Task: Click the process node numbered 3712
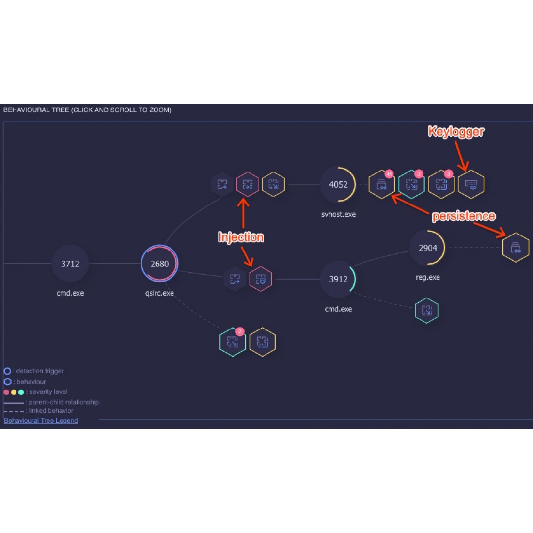click(70, 264)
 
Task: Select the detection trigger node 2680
click(159, 264)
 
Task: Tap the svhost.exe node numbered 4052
click(338, 184)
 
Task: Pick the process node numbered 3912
click(338, 279)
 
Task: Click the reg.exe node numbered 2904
click(428, 248)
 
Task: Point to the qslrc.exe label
click(159, 293)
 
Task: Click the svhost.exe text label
click(338, 214)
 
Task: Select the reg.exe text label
click(428, 278)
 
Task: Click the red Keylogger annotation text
click(455, 131)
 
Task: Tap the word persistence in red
click(463, 216)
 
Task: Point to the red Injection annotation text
click(241, 237)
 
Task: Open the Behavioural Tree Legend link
click(41, 421)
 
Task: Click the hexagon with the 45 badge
click(382, 185)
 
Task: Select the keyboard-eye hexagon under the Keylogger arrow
click(471, 185)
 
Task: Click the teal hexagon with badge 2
click(233, 342)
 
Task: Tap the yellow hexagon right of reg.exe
click(516, 248)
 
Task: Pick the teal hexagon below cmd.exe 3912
click(426, 311)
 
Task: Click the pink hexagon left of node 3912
click(261, 279)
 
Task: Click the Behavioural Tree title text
click(87, 110)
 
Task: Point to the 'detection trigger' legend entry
click(39, 371)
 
